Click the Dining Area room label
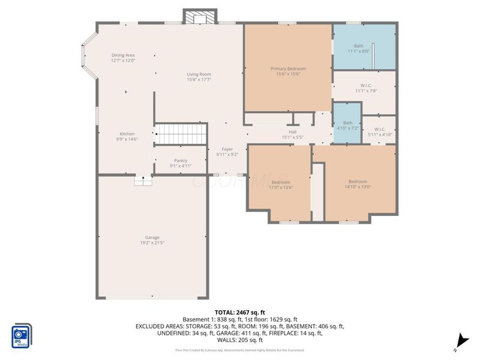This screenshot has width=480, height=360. coord(122,55)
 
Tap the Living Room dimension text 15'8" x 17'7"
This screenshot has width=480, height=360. coord(199,79)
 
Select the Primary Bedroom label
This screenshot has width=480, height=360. coord(288,70)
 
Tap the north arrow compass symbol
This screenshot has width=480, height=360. coord(460,339)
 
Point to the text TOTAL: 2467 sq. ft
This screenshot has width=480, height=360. coord(240,313)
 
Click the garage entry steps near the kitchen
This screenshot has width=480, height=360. coord(143,181)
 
